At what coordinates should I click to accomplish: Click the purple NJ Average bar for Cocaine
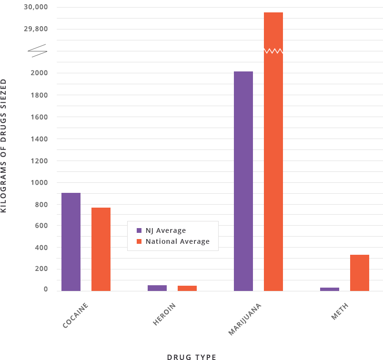pyautogui.click(x=71, y=242)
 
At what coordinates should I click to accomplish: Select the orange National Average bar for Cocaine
pyautogui.click(x=101, y=249)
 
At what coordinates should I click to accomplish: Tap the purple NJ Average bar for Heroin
pyautogui.click(x=157, y=288)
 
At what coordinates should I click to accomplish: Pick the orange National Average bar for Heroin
pyautogui.click(x=187, y=288)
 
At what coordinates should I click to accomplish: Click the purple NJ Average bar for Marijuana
pyautogui.click(x=243, y=181)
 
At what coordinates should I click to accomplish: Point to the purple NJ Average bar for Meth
pyautogui.click(x=330, y=289)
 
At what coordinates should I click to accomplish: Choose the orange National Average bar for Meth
pyautogui.click(x=360, y=272)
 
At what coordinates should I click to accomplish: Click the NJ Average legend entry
pyautogui.click(x=161, y=231)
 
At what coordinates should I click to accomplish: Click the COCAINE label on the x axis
pyautogui.click(x=76, y=315)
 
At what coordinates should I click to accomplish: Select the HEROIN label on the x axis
pyautogui.click(x=165, y=314)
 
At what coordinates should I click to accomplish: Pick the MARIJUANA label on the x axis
pyautogui.click(x=245, y=319)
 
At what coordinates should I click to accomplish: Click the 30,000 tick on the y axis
pyautogui.click(x=35, y=7)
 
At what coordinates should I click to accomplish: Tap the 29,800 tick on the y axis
pyautogui.click(x=35, y=29)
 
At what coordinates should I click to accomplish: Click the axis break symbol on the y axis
pyautogui.click(x=39, y=50)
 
